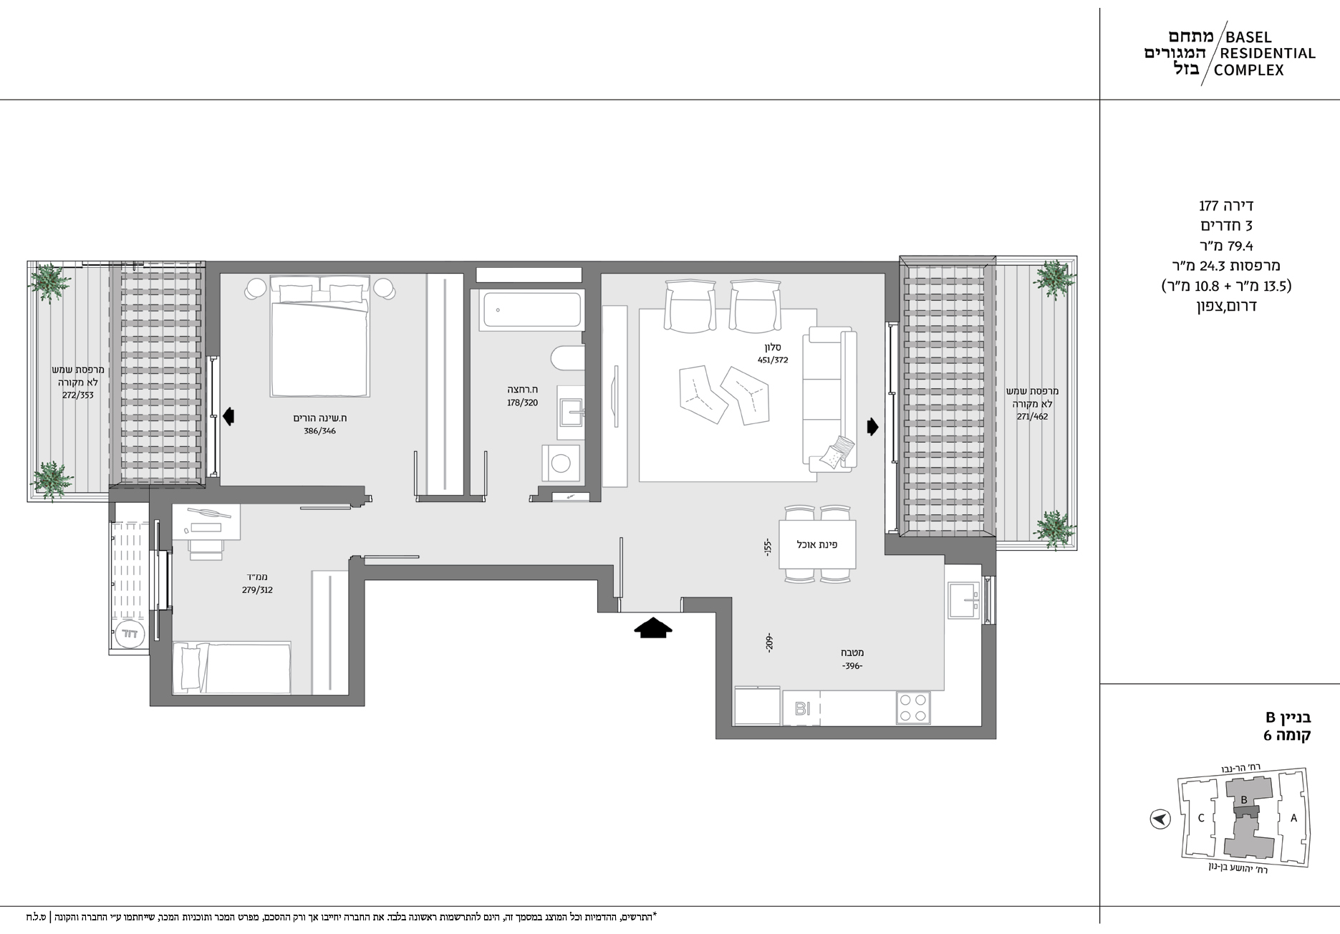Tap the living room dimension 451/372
point(773,360)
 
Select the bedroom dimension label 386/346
point(319,431)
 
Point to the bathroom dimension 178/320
point(522,403)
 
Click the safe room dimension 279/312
point(257,590)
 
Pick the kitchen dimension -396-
point(852,666)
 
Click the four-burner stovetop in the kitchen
point(913,708)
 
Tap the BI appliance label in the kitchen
point(802,708)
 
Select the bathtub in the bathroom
point(531,309)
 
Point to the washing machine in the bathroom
point(561,463)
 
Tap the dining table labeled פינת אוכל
point(817,544)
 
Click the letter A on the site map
point(1293,818)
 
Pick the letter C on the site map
point(1201,818)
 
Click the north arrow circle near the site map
point(1160,819)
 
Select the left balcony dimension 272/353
point(77,395)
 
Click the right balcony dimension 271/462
point(1032,416)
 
